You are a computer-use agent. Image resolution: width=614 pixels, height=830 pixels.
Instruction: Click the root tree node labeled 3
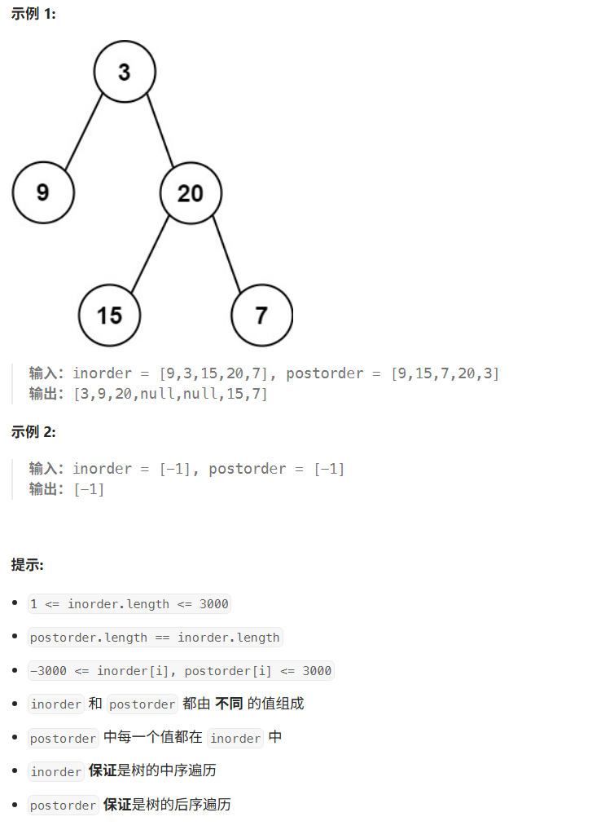point(124,72)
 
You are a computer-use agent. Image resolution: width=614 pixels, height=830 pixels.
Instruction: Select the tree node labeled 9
point(43,192)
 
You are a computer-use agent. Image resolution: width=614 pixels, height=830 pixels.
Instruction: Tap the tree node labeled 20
point(191,193)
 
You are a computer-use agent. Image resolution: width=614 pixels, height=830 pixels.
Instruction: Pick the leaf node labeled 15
point(109,315)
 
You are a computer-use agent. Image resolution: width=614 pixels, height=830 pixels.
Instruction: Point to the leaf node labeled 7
point(261,315)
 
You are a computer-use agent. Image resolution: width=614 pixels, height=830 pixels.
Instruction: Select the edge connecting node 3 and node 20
point(159,132)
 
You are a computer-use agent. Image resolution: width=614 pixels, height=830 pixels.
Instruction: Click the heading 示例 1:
point(33,14)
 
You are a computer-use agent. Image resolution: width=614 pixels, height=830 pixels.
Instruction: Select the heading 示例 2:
point(33,432)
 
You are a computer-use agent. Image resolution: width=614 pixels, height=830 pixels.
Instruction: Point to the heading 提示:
point(28,564)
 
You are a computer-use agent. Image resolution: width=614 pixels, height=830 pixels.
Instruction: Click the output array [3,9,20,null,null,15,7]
point(170,394)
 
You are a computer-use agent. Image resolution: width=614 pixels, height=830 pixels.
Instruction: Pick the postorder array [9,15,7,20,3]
point(445,373)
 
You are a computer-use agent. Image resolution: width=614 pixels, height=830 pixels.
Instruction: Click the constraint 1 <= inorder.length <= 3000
point(129,604)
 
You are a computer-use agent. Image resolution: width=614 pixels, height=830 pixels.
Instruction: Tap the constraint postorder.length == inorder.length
point(155,638)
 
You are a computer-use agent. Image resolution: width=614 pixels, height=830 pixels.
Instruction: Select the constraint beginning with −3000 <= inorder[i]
point(181,671)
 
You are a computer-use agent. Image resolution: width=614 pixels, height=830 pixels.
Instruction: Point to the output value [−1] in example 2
point(89,489)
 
